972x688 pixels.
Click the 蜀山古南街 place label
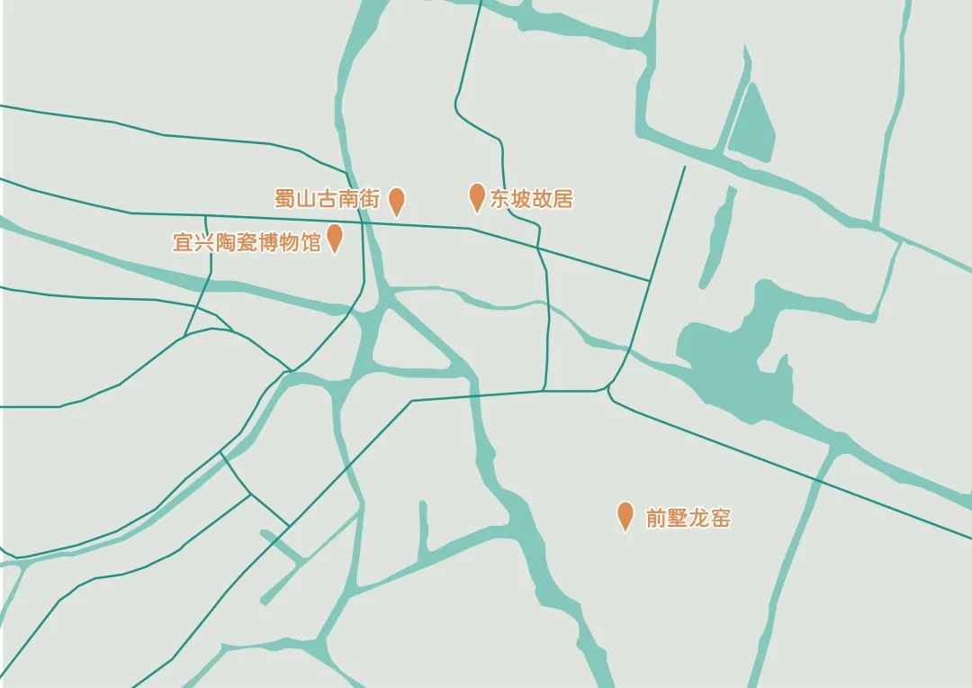[328, 199]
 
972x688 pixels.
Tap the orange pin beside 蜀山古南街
[396, 202]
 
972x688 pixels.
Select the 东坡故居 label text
[531, 199]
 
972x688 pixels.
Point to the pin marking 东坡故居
[478, 196]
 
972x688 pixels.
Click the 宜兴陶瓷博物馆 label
[247, 242]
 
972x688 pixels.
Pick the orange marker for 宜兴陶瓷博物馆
[335, 238]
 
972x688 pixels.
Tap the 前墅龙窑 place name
[688, 519]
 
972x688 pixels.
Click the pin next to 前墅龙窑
[625, 516]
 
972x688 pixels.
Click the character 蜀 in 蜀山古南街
[285, 199]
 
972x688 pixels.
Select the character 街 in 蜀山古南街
[371, 199]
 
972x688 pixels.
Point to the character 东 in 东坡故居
[499, 199]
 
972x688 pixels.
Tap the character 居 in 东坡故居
[562, 199]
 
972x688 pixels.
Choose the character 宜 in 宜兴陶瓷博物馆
[183, 242]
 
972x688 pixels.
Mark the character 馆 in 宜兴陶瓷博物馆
[310, 242]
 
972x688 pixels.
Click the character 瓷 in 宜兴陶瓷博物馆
[247, 242]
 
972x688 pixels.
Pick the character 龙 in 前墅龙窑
[698, 519]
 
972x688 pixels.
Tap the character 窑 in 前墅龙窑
[720, 519]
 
